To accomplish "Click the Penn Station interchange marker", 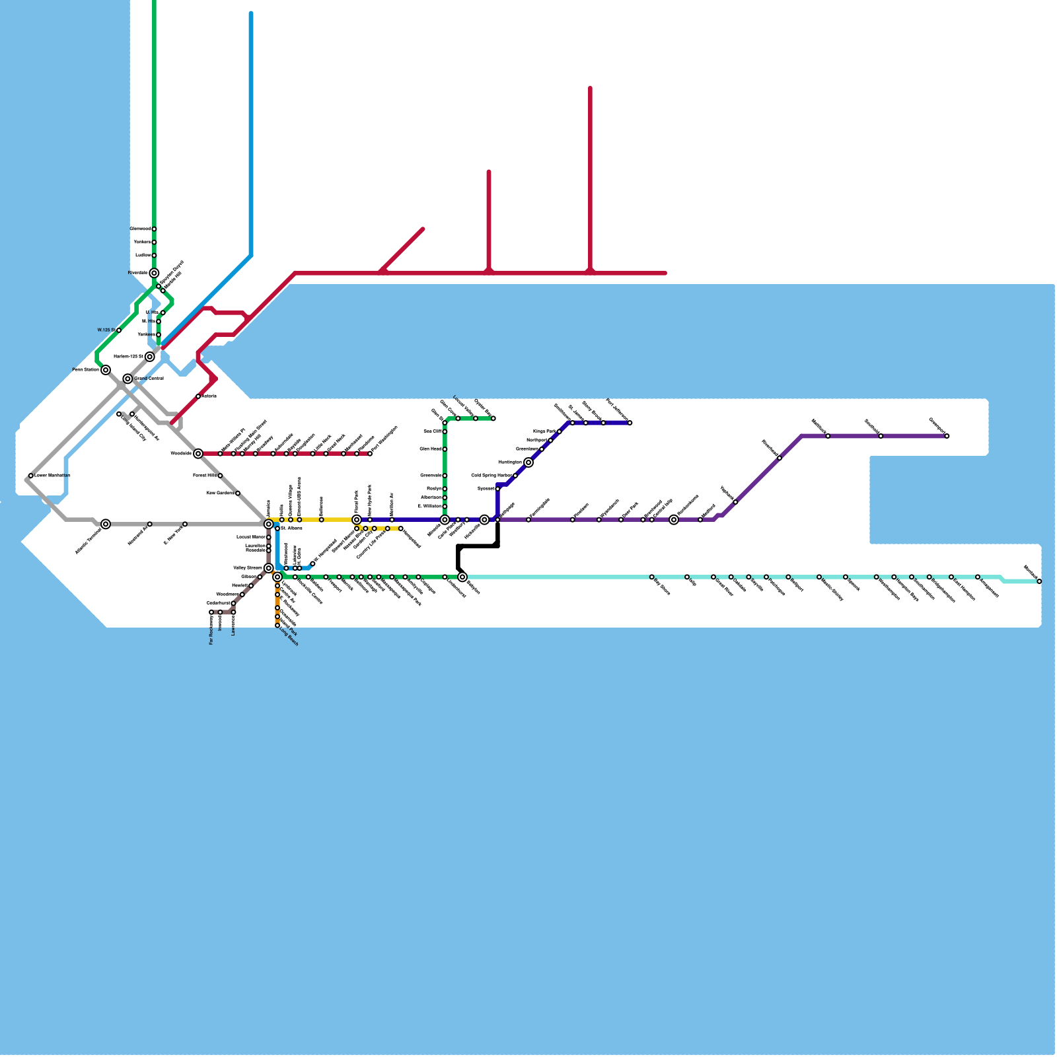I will tap(106, 370).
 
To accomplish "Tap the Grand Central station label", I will tap(149, 379).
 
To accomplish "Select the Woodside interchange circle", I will tap(198, 453).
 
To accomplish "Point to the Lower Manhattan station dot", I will tap(31, 476).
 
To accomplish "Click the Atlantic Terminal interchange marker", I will tap(106, 524).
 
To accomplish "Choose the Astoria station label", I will tap(209, 396).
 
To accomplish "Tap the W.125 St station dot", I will tap(119, 330).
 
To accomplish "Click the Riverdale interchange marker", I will tap(154, 273).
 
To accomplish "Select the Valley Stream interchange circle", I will tap(268, 568).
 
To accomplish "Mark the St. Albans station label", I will tap(291, 528).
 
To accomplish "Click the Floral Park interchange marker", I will tap(357, 520).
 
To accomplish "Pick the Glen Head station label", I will tap(430, 449).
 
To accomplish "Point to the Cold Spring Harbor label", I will tap(492, 476).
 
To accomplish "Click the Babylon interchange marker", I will tap(462, 577).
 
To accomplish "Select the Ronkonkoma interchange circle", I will tap(674, 520).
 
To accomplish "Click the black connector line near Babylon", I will tap(477, 546).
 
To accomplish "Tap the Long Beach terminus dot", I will tap(277, 626).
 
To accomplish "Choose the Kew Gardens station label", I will tap(220, 493).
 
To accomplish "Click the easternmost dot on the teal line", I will tap(1039, 581).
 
